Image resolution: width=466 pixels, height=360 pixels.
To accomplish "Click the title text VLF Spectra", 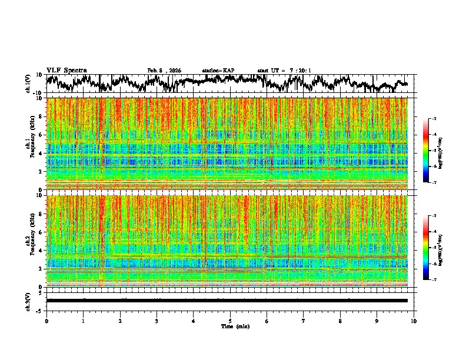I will (66, 70).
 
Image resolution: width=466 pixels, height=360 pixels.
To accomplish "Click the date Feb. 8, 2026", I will (164, 71).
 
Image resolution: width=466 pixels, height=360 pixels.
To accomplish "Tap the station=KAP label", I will (218, 71).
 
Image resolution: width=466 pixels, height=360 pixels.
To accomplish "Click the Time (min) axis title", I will (235, 326).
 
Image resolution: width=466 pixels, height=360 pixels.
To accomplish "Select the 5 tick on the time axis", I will (230, 321).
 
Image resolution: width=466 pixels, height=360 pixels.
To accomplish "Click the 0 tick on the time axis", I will (46, 321).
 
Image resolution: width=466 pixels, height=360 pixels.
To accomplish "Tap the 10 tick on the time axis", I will (414, 321).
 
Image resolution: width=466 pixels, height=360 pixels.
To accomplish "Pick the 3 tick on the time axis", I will (157, 321).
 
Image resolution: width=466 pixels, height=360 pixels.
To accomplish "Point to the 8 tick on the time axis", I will (340, 321).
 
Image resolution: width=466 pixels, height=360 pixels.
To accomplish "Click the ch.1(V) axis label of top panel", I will (29, 84).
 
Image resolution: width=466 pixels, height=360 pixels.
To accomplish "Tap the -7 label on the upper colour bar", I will (440, 182).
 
